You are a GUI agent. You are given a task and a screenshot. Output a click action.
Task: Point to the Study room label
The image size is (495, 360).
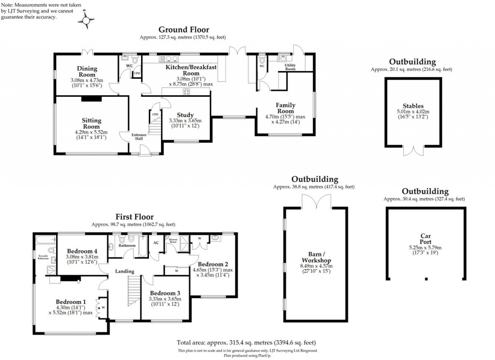click(x=185, y=115)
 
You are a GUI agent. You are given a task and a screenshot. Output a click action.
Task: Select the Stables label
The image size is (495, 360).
click(x=413, y=106)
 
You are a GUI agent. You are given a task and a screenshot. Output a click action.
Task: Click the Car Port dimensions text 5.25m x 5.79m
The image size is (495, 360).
click(x=425, y=248)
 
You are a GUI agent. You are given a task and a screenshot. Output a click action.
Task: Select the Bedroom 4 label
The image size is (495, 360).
click(x=82, y=251)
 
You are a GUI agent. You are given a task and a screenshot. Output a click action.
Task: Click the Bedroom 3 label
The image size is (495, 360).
click(x=165, y=293)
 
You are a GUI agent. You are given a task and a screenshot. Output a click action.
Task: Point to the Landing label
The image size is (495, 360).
click(x=124, y=271)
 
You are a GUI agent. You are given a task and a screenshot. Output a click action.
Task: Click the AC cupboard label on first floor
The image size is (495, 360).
click(x=156, y=243)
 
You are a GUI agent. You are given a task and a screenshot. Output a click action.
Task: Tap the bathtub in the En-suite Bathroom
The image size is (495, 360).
click(x=45, y=240)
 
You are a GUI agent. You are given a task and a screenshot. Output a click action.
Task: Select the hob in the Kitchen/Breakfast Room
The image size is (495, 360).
click(x=186, y=91)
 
